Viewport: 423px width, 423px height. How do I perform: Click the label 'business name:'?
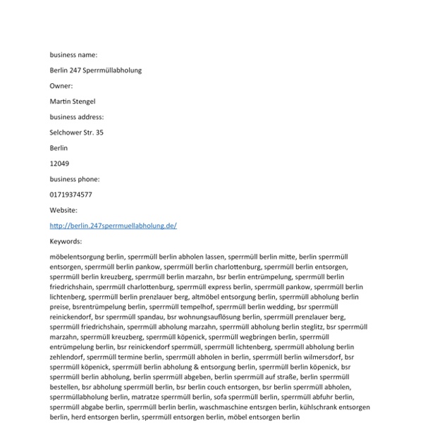(73, 55)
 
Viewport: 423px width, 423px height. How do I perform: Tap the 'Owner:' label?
(61, 86)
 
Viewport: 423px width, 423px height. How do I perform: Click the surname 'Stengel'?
(83, 102)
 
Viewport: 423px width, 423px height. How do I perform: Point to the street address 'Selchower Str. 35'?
(76, 133)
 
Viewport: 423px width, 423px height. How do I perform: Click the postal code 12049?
(59, 164)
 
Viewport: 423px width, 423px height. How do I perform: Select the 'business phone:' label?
(75, 179)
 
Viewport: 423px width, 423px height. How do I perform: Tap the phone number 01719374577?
(70, 195)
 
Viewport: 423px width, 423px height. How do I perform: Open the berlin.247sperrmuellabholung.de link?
(113, 226)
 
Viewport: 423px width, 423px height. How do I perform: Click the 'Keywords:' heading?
(66, 241)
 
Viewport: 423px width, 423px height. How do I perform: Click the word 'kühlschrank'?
(318, 407)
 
